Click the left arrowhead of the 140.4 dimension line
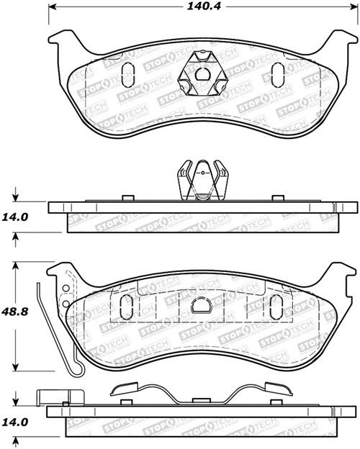pos(50,9)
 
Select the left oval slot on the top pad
pos(128,73)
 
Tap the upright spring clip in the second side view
pos(202,180)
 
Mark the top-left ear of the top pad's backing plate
pos(59,40)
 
